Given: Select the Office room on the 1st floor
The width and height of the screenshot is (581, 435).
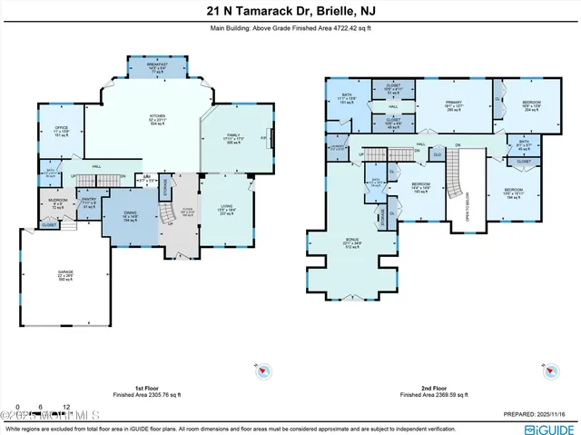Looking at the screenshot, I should point(62,132).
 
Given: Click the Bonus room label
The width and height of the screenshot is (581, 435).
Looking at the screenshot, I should point(352,242).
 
